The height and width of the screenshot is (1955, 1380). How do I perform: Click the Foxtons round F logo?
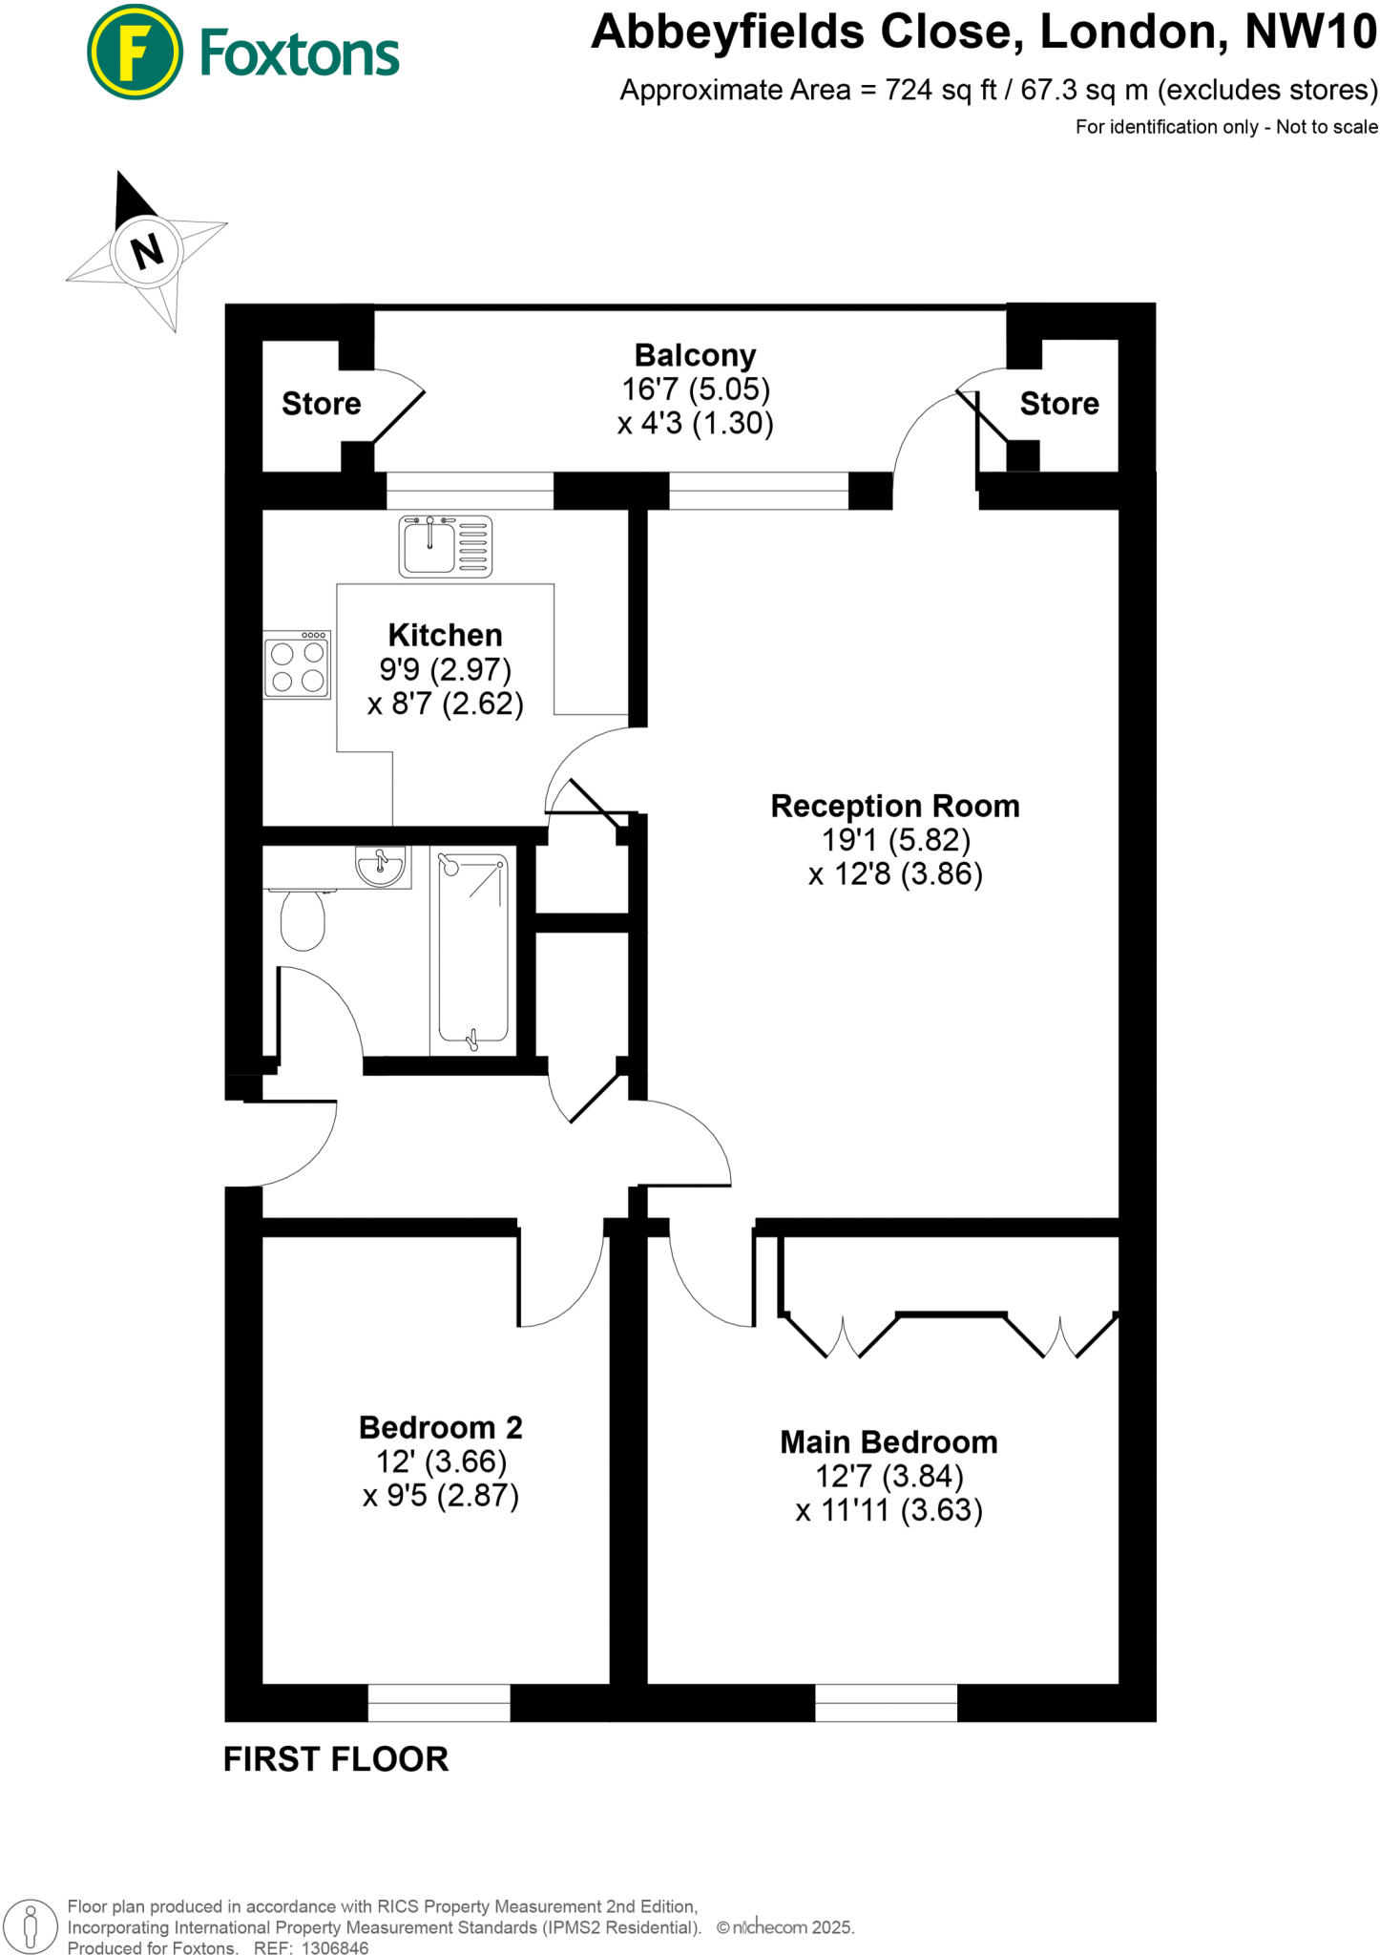pyautogui.click(x=135, y=53)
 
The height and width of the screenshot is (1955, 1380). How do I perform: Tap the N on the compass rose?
pyautogui.click(x=147, y=252)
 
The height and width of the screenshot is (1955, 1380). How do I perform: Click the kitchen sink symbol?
pyautogui.click(x=445, y=546)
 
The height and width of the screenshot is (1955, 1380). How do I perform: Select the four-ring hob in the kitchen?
pyautogui.click(x=297, y=665)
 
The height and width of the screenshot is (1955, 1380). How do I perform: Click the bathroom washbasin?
pyautogui.click(x=380, y=867)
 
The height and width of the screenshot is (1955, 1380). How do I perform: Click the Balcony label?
pyautogui.click(x=695, y=355)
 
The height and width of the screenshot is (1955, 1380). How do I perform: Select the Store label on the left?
pyautogui.click(x=321, y=404)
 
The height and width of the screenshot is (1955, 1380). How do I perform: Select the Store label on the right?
pyautogui.click(x=1058, y=404)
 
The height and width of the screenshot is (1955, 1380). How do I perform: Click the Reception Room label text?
pyautogui.click(x=894, y=806)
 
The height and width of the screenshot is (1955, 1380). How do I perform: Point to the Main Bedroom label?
pyautogui.click(x=888, y=1441)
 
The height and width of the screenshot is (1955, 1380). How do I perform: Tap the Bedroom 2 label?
pyautogui.click(x=440, y=1427)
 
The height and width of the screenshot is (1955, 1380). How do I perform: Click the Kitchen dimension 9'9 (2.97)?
pyautogui.click(x=445, y=669)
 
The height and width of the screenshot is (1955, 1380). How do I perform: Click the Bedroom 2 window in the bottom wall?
pyautogui.click(x=439, y=1702)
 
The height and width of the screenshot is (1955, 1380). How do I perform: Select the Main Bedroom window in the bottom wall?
pyautogui.click(x=886, y=1702)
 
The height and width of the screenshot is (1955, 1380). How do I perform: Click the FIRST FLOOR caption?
pyautogui.click(x=335, y=1759)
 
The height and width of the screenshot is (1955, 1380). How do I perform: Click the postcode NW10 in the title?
pyautogui.click(x=1310, y=32)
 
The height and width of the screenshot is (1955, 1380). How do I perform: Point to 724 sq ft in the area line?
pyautogui.click(x=940, y=91)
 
